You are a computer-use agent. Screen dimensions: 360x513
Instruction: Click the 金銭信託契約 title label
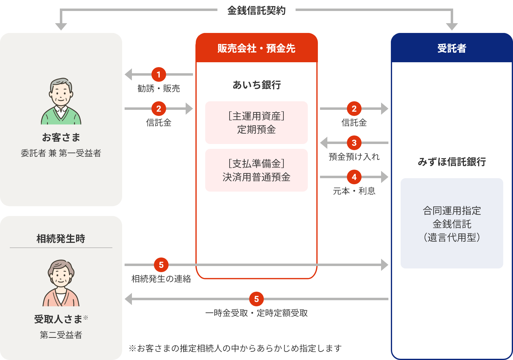coord(256,10)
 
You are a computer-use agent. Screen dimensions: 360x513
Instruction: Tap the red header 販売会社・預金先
coord(256,48)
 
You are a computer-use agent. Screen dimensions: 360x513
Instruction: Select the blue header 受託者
coord(452,48)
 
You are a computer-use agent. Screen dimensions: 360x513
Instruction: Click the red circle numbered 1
coord(158,74)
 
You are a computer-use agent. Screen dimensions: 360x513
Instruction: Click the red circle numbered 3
coord(354,143)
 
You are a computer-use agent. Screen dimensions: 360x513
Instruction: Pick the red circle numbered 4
coord(354,177)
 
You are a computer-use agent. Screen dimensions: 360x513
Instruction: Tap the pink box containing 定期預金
coord(256,123)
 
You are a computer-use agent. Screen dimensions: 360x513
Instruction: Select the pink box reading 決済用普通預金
coord(256,170)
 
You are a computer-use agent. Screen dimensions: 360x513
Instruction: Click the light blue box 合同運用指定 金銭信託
coord(452,223)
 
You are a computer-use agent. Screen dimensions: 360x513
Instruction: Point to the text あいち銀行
coord(256,85)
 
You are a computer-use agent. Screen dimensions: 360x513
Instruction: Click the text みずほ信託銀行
coord(452,162)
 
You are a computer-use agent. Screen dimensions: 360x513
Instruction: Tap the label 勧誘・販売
coord(158,88)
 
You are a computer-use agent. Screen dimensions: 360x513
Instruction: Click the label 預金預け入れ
coord(354,157)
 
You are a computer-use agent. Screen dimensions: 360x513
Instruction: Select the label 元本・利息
coord(354,191)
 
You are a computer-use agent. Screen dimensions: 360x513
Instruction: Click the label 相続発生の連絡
coord(161,279)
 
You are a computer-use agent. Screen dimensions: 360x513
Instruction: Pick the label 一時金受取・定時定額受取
coord(256,313)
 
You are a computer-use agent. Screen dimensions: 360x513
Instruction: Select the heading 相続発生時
coord(61,239)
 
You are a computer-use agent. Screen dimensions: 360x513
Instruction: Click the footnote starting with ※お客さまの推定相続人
coord(235,348)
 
